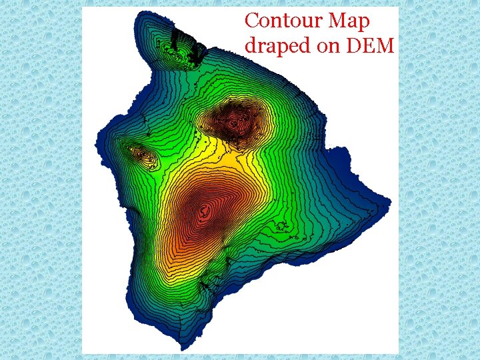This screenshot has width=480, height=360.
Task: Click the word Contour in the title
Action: coord(284,21)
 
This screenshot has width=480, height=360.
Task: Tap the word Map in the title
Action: coord(349,22)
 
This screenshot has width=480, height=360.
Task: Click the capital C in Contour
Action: coord(252,21)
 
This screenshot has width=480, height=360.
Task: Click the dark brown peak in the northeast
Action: coord(234,121)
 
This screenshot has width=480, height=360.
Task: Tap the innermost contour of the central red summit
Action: coord(205,213)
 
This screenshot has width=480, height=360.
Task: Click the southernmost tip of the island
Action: coord(181,349)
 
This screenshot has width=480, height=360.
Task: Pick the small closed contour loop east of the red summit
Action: coord(281,227)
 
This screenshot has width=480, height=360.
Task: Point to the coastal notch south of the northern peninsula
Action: coord(143,117)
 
